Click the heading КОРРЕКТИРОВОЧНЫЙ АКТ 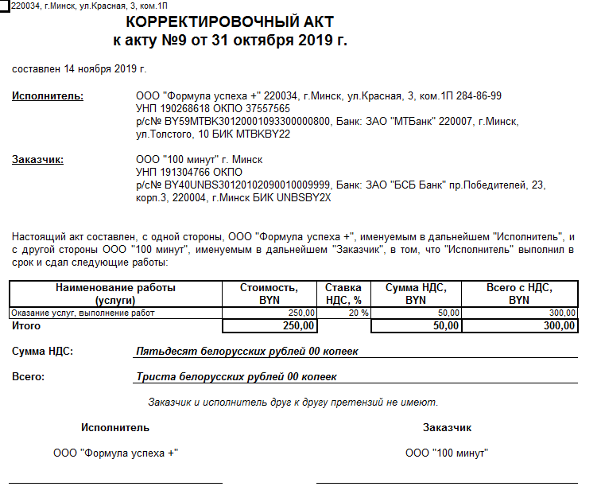click(230, 22)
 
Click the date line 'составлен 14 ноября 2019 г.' click(79, 68)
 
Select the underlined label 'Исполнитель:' click(48, 96)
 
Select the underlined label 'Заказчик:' click(38, 159)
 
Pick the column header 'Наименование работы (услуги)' click(116, 294)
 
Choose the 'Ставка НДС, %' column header click(343, 294)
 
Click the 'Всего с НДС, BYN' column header click(519, 294)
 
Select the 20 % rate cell click(359, 313)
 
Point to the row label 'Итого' click(27, 325)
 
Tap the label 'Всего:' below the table click(29, 376)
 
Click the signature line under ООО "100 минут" click(446, 482)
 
